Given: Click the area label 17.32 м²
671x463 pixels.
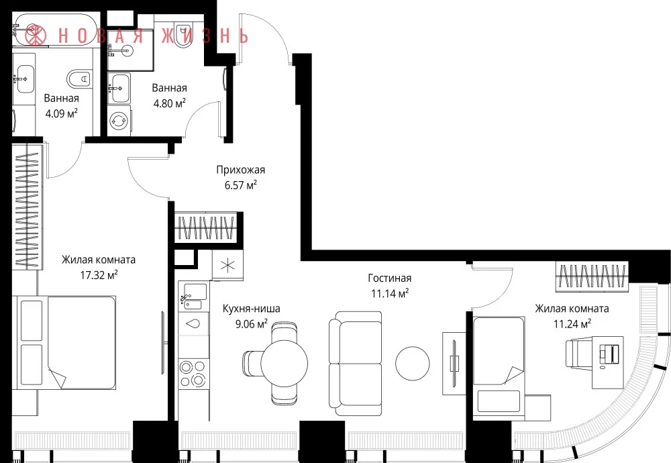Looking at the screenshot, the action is (99, 274).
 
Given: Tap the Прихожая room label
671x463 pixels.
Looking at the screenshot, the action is (240, 170).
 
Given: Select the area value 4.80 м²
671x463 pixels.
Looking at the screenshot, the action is (170, 103).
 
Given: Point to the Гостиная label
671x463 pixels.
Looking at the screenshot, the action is (389, 278).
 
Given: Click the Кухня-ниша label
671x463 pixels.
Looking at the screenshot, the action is (251, 309).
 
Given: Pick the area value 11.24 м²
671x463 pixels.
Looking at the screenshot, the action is (572, 324).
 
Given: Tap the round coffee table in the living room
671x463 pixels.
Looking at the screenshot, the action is (412, 363).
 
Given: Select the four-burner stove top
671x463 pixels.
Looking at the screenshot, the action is (193, 373).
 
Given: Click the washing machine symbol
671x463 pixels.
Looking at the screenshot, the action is (119, 121).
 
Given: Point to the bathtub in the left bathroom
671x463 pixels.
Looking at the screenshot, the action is (54, 30).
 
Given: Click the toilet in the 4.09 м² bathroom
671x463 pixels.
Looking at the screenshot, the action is (80, 79).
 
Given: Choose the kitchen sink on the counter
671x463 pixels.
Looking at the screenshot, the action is (193, 296).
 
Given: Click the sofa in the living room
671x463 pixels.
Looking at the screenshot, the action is (355, 363).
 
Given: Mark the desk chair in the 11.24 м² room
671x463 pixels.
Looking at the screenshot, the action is (579, 353).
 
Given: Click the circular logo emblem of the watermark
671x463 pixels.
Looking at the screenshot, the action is (36, 35).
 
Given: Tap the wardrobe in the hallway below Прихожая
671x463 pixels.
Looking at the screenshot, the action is (206, 227).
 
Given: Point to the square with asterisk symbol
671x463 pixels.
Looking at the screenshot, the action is (227, 265).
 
